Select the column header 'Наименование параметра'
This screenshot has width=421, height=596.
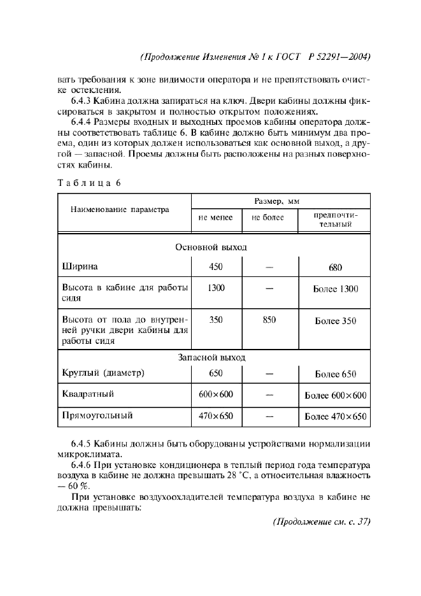[x=120, y=209]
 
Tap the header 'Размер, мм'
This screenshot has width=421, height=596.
[x=277, y=201]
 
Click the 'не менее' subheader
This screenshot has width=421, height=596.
[x=215, y=218]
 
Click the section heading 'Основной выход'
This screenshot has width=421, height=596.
[x=211, y=247]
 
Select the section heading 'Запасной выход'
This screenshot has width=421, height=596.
[x=211, y=358]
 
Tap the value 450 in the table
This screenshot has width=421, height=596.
[x=215, y=267]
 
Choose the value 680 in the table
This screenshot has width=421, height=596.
[x=336, y=268]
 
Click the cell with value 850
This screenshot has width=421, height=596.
[x=269, y=320]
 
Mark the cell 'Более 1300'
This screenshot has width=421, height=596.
[x=336, y=289]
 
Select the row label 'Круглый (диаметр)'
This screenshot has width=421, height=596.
[x=103, y=373]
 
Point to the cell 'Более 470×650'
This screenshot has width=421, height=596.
[x=336, y=417]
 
